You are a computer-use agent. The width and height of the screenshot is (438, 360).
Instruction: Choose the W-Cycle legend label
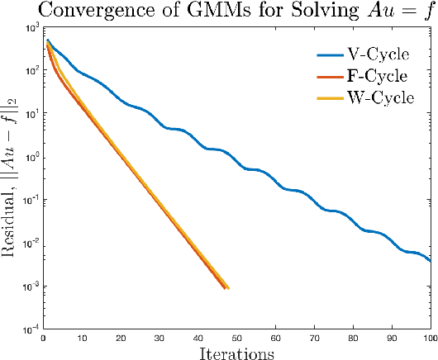point(381,98)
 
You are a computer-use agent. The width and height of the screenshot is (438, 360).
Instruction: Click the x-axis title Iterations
point(237,353)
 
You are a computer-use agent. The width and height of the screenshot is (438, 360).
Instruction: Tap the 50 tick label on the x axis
point(237,337)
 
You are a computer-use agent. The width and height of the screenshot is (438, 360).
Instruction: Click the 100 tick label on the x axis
point(429,337)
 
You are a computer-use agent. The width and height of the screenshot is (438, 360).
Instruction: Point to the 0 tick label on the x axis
point(45,337)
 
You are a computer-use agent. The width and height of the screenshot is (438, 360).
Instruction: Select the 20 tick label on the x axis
point(122,337)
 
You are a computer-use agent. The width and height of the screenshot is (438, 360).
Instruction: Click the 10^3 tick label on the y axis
point(34,28)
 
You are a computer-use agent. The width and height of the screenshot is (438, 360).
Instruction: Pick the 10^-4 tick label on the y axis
point(34,329)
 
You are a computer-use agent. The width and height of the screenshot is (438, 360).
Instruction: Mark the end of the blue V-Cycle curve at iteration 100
point(430,261)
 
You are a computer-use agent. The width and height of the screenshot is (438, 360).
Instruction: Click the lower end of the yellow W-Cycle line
point(227,288)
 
